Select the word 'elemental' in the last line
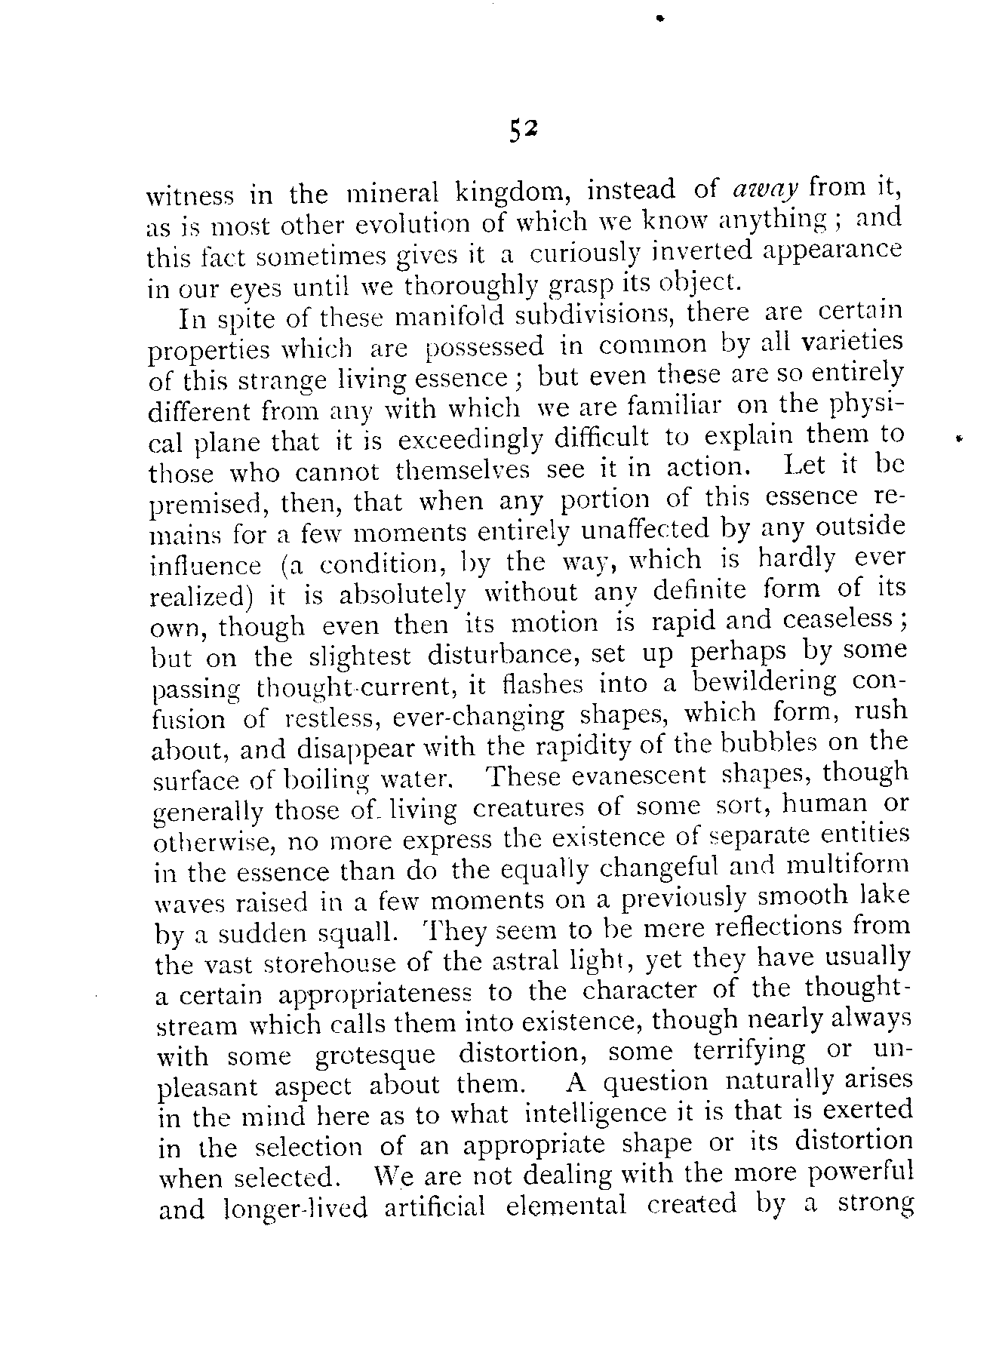click(566, 1206)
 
